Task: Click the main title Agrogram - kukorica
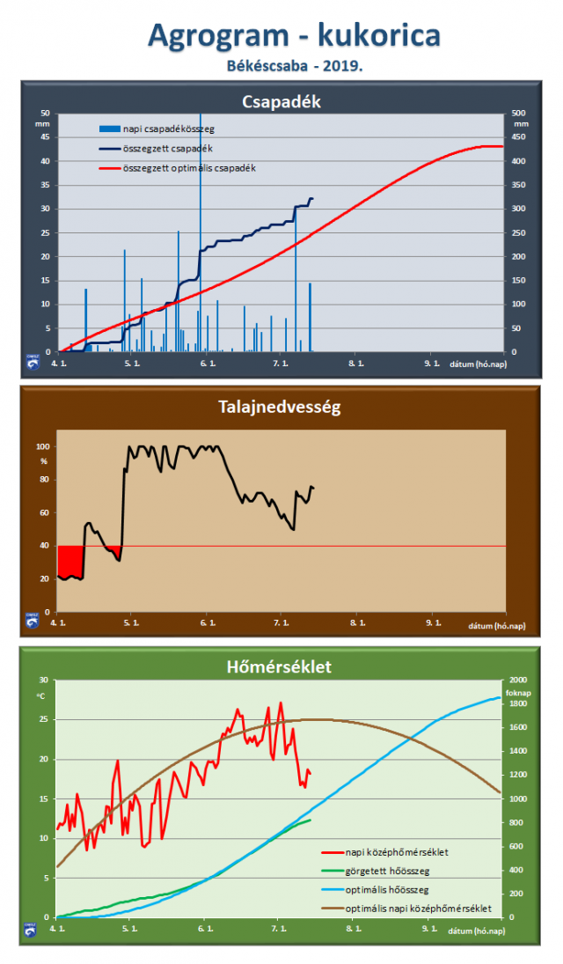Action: (x=294, y=35)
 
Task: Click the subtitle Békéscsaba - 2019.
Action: (x=294, y=66)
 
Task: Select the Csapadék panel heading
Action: (x=281, y=101)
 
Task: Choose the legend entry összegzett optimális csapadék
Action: (x=190, y=167)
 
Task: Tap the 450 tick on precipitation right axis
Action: (x=520, y=136)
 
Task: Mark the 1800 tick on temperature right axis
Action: (x=518, y=703)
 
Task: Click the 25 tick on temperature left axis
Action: (x=45, y=719)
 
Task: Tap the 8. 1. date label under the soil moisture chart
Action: (x=357, y=623)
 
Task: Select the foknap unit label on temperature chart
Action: (x=517, y=691)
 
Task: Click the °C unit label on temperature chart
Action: (x=40, y=696)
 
